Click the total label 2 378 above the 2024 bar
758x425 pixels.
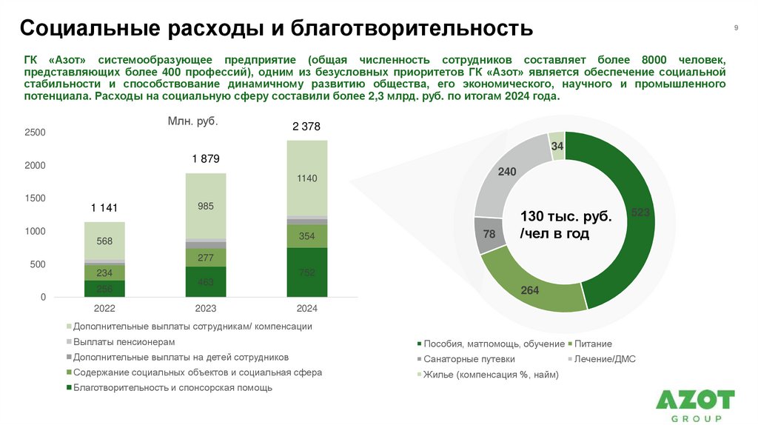pos(306,127)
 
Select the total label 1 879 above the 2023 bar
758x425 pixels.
pos(206,159)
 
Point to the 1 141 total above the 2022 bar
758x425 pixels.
pos(104,208)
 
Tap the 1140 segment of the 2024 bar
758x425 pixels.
pos(306,178)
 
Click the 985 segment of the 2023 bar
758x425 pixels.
pos(206,207)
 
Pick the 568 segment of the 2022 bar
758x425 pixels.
pos(104,241)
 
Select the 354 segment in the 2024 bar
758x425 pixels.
pos(306,235)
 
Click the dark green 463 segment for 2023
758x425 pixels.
pos(206,282)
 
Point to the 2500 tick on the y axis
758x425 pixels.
pos(36,133)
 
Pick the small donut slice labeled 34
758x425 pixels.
pos(557,147)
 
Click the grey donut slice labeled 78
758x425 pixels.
pos(489,235)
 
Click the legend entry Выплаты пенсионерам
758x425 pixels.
pos(124,342)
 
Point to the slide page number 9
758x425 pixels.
pos(736,27)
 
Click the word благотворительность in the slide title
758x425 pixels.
pos(411,29)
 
